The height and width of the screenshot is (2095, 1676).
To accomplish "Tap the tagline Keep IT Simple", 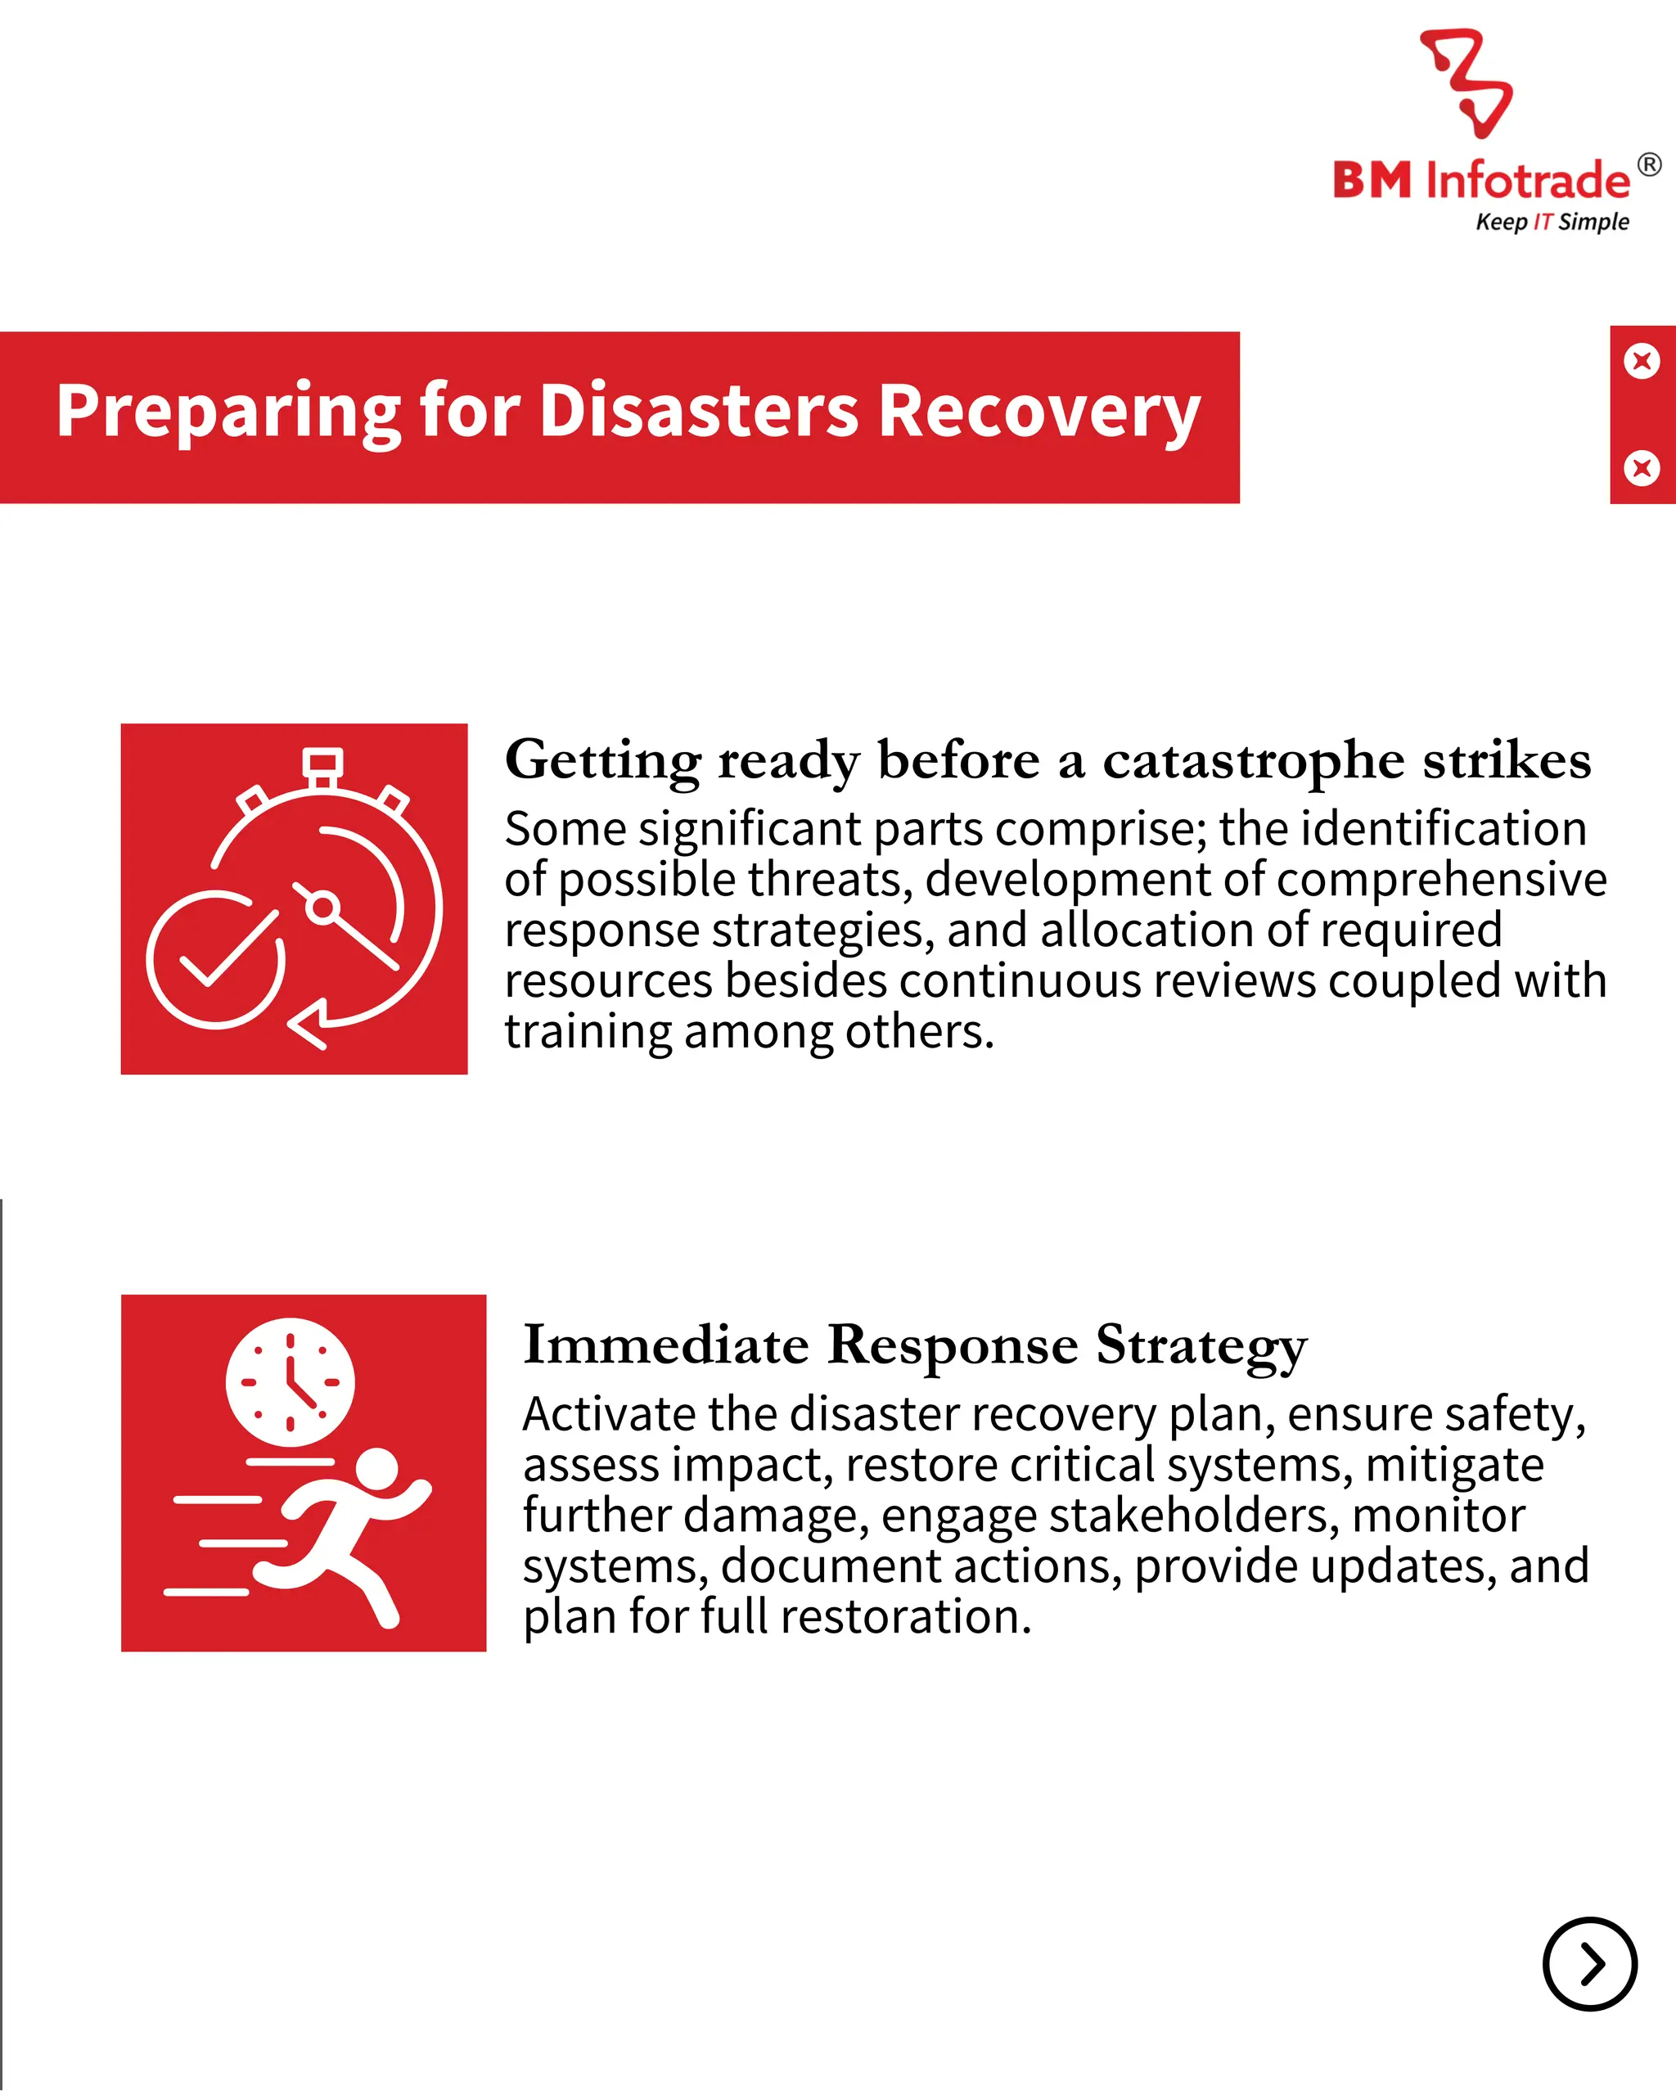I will pyautogui.click(x=1552, y=222).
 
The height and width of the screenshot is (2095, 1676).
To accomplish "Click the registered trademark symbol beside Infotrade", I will pyautogui.click(x=1649, y=165).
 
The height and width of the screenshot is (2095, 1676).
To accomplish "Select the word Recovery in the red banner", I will pyautogui.click(x=1039, y=411).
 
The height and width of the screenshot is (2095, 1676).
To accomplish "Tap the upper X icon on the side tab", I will pyautogui.click(x=1642, y=362).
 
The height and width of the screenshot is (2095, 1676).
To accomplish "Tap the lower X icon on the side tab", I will pyautogui.click(x=1642, y=468).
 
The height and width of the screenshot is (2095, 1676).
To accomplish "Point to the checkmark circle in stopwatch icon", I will pyautogui.click(x=216, y=958).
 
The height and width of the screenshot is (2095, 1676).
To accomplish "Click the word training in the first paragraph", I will pyautogui.click(x=588, y=1031).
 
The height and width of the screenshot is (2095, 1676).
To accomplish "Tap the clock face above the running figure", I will pyautogui.click(x=290, y=1381).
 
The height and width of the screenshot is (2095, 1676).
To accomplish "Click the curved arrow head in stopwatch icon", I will pyautogui.click(x=309, y=1025).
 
